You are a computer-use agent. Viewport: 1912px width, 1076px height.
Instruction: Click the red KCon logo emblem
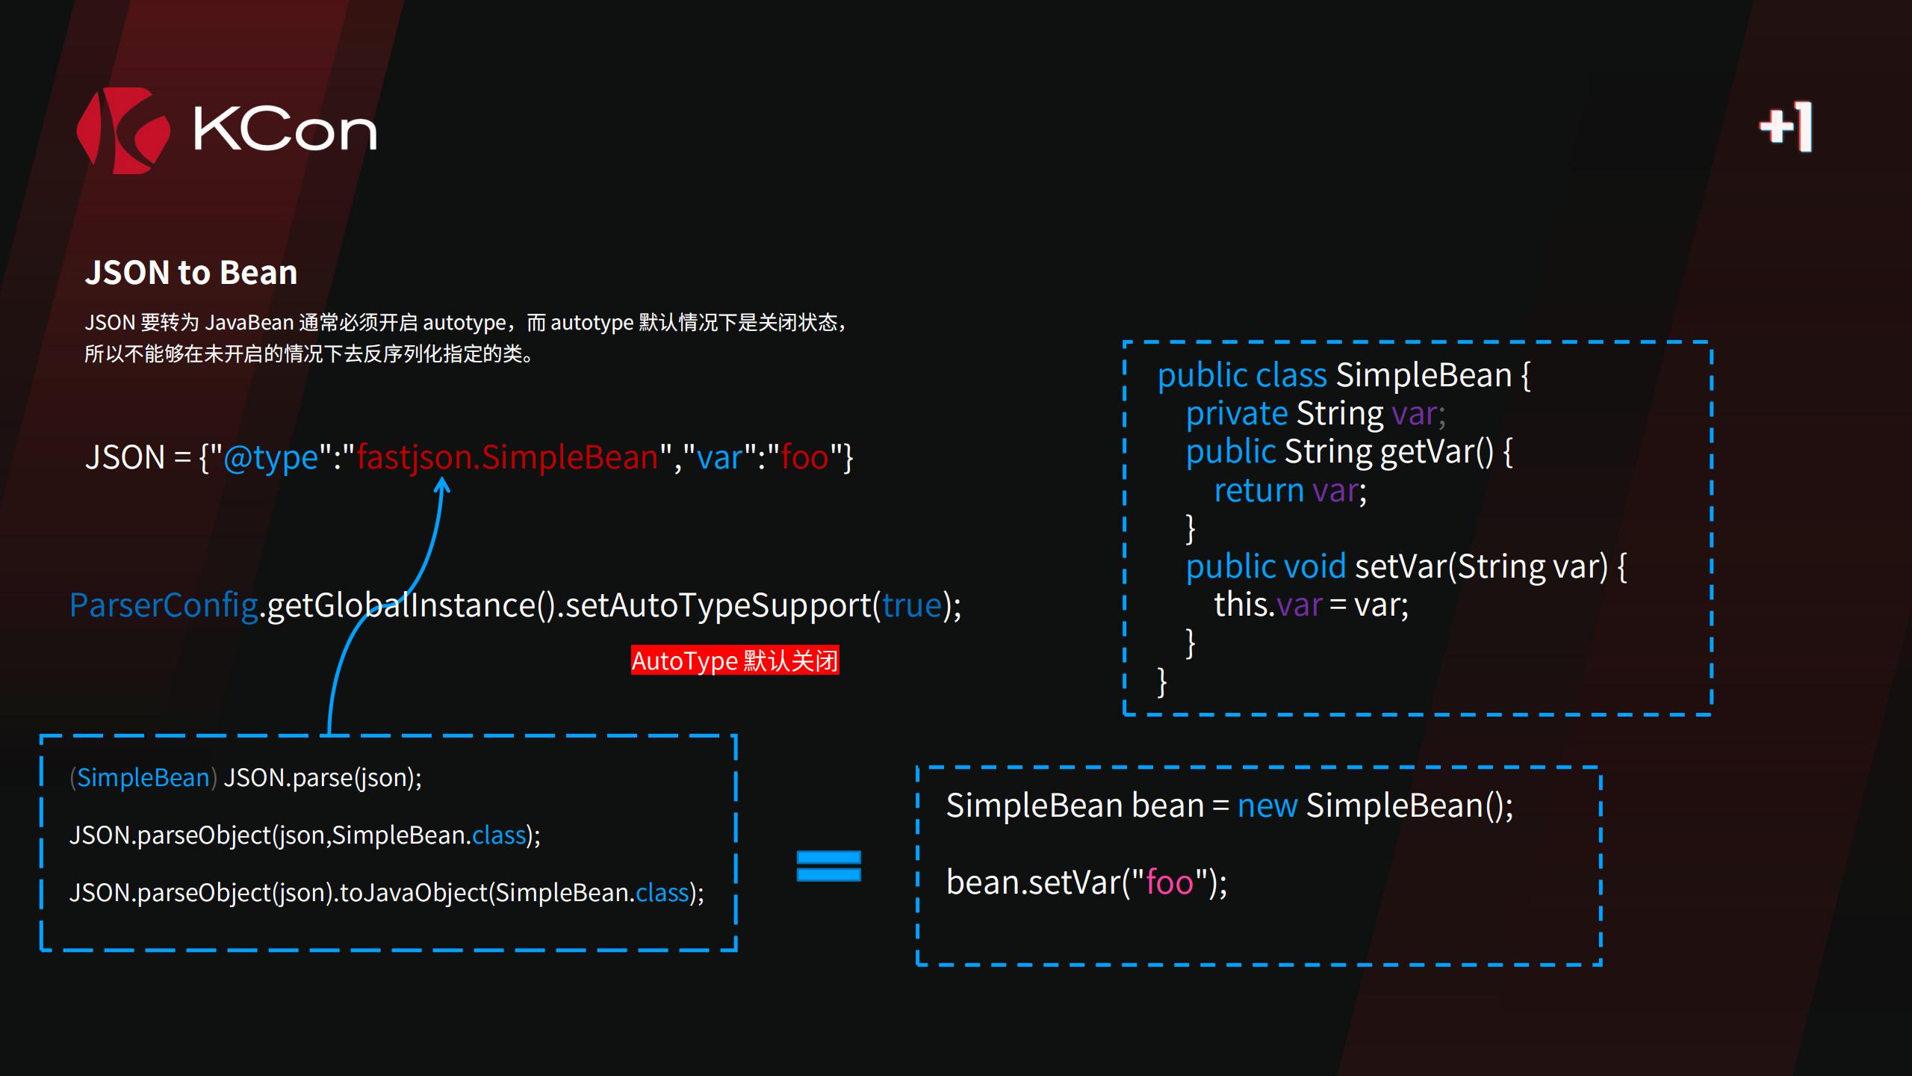(123, 131)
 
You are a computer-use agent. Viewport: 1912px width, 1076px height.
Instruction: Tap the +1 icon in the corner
(1786, 127)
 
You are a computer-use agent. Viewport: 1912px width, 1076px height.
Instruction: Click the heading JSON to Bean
(191, 273)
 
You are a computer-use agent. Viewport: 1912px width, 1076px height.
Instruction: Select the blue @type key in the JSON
(270, 457)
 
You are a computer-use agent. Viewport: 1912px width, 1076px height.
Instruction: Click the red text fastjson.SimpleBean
(507, 457)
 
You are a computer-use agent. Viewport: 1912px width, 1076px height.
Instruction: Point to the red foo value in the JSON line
(804, 457)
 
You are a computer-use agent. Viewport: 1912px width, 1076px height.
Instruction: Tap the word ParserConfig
(164, 605)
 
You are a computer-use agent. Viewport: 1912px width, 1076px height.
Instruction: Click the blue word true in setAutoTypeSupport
(912, 605)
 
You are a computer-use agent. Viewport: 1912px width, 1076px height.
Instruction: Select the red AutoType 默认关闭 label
(735, 661)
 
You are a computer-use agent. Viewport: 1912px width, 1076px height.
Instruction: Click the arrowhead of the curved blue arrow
(442, 486)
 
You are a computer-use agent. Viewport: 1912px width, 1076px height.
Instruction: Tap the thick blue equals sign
(829, 866)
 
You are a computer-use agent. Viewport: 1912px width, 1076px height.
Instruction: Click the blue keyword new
(1267, 806)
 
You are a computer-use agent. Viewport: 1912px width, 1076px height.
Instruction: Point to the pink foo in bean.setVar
(1170, 882)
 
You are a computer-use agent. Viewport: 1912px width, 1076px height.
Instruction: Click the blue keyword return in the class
(1258, 490)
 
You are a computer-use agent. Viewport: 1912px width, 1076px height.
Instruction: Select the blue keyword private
(1236, 413)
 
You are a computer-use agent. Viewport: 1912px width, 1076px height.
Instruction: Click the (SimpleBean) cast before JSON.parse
(143, 778)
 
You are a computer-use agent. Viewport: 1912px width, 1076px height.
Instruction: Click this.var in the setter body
(1267, 605)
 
